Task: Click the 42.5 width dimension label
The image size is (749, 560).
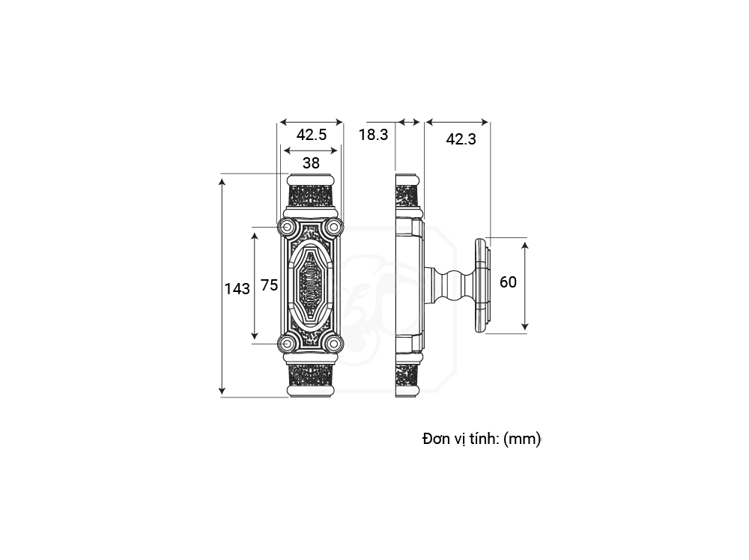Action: pyautogui.click(x=312, y=135)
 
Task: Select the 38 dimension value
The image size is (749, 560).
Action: pyautogui.click(x=311, y=163)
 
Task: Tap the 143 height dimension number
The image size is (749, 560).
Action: pyautogui.click(x=237, y=289)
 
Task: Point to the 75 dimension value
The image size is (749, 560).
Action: pyautogui.click(x=270, y=285)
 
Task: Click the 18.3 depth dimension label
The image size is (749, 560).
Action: pyautogui.click(x=374, y=135)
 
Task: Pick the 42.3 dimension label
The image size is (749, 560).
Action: pyautogui.click(x=461, y=139)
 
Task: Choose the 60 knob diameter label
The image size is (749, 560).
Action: pyautogui.click(x=509, y=282)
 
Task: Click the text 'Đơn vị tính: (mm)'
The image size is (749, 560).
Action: pyautogui.click(x=482, y=438)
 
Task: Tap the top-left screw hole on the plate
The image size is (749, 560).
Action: pyautogui.click(x=287, y=227)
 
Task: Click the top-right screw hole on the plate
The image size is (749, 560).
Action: pyautogui.click(x=334, y=227)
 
